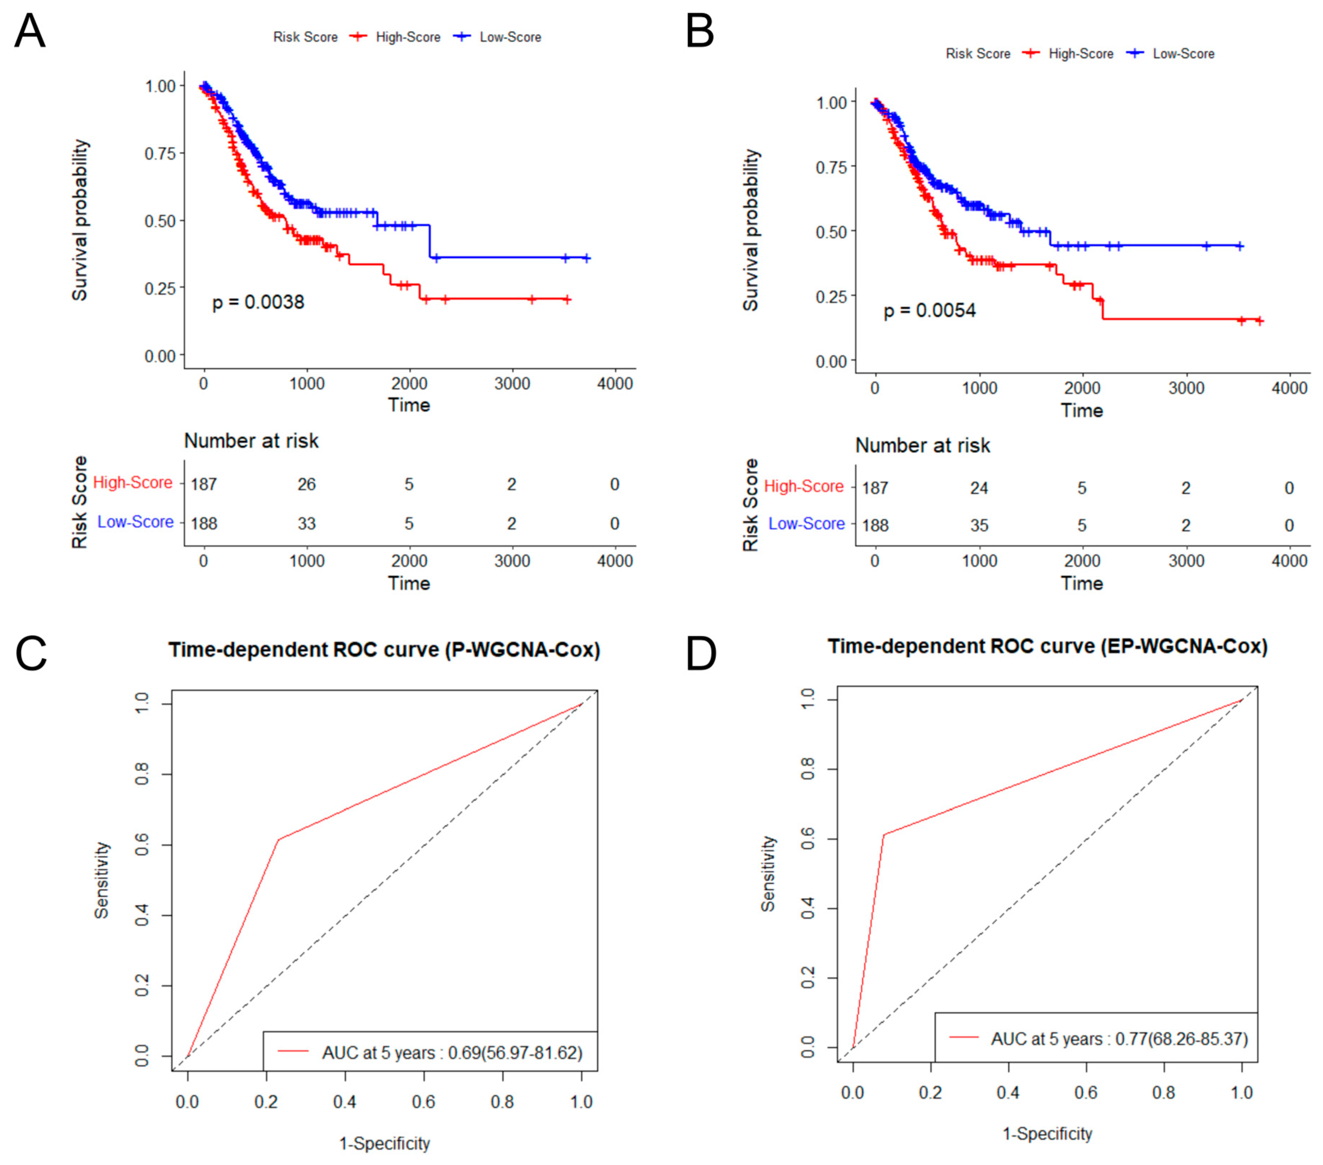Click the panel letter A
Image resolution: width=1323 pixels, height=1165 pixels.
click(x=30, y=31)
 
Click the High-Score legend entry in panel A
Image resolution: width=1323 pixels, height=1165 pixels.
click(x=408, y=37)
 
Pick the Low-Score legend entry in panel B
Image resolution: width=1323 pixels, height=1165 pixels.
click(x=1183, y=54)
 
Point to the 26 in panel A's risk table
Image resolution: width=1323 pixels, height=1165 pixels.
click(x=306, y=484)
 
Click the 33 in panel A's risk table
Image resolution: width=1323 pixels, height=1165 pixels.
click(x=306, y=523)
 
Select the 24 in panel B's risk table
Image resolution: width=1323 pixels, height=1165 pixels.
click(x=979, y=488)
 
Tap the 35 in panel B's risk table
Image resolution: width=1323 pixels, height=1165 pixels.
click(x=979, y=525)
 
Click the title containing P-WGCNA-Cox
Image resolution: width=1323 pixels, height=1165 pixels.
click(x=384, y=650)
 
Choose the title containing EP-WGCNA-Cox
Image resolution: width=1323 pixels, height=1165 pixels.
click(x=1047, y=646)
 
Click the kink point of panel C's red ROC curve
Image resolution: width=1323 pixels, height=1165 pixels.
click(x=278, y=840)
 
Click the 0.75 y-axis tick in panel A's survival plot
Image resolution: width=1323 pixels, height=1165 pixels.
click(x=160, y=153)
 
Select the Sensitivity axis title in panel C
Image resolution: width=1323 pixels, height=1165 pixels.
click(x=102, y=879)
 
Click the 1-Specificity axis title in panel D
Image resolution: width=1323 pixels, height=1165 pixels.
click(x=1047, y=1133)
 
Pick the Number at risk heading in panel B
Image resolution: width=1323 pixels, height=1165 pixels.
click(x=922, y=446)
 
